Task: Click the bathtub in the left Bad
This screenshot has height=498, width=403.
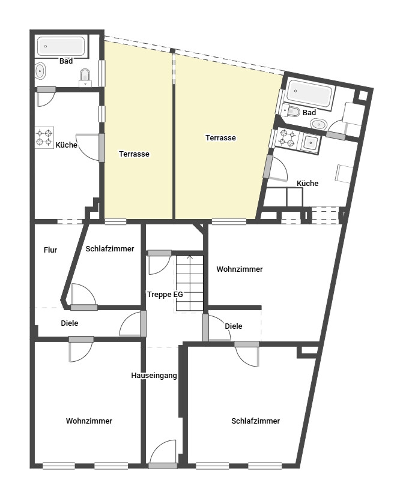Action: click(61, 46)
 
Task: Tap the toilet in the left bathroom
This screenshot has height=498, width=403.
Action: click(86, 75)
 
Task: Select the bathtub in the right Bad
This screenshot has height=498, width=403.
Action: click(309, 93)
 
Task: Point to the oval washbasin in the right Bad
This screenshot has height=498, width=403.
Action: click(318, 124)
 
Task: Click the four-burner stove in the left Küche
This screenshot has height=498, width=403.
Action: click(44, 137)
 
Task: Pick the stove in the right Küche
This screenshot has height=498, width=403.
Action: click(286, 139)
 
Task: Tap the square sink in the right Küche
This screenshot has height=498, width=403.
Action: click(312, 142)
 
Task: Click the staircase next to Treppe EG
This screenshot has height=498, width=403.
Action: click(190, 283)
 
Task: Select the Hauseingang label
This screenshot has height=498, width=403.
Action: click(154, 376)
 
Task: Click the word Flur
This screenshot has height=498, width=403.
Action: click(50, 250)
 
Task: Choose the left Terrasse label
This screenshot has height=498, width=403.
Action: click(133, 154)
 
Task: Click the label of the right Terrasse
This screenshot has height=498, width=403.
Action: click(220, 137)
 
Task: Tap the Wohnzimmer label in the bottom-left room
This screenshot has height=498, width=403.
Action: click(89, 421)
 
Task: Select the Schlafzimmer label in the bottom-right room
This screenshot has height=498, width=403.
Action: click(255, 421)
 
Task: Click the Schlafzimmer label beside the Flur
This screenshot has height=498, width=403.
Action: click(109, 248)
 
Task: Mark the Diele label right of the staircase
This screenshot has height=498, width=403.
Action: click(234, 326)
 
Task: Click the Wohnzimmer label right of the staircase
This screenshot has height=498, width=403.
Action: click(239, 269)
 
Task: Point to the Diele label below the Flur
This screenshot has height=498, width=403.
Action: click(70, 323)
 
